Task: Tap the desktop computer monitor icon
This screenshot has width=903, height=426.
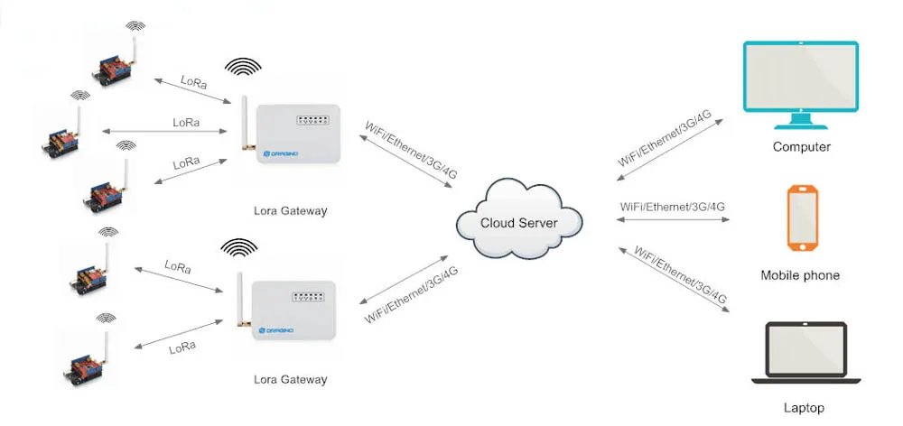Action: click(x=799, y=81)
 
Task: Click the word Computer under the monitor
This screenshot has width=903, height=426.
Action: click(x=801, y=147)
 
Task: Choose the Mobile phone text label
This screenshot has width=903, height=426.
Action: click(x=800, y=275)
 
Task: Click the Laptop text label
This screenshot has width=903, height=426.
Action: click(x=804, y=408)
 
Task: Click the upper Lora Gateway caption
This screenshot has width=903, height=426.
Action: click(x=291, y=210)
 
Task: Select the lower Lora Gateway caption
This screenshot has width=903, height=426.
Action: click(x=291, y=379)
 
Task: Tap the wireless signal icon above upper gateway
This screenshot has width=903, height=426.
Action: click(x=243, y=69)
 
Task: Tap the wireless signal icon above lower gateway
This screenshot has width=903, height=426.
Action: click(x=239, y=246)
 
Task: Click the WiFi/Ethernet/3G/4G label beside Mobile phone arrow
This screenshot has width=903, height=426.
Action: click(x=673, y=207)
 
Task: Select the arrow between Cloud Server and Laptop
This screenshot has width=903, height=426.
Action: click(x=673, y=277)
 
